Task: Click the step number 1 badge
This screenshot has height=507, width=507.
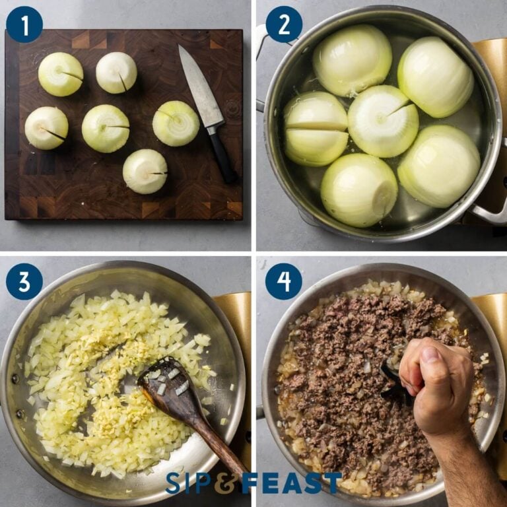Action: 24,24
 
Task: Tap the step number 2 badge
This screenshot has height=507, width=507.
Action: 284,24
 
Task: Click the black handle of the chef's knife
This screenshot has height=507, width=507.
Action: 222,156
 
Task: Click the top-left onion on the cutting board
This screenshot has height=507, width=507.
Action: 60,74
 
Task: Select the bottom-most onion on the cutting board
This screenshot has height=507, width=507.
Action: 145,171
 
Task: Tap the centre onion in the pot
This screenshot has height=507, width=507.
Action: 382,121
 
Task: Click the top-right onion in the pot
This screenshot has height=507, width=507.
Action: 435,77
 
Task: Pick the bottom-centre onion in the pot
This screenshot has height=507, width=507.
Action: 358,190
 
